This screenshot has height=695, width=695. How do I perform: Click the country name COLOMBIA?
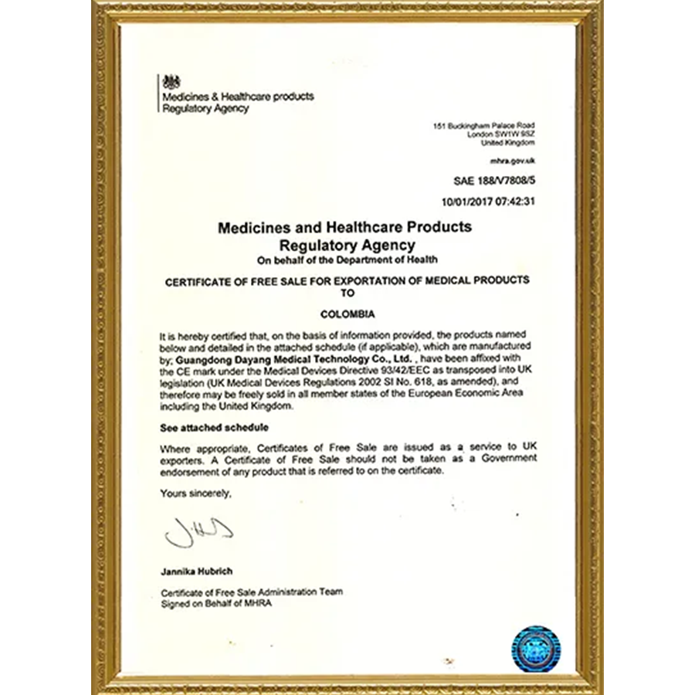coord(347,315)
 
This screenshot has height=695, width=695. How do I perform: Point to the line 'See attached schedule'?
coord(205,427)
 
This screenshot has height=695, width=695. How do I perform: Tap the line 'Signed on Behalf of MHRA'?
coord(215,604)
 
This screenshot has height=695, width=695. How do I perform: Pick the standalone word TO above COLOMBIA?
coord(347,293)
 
